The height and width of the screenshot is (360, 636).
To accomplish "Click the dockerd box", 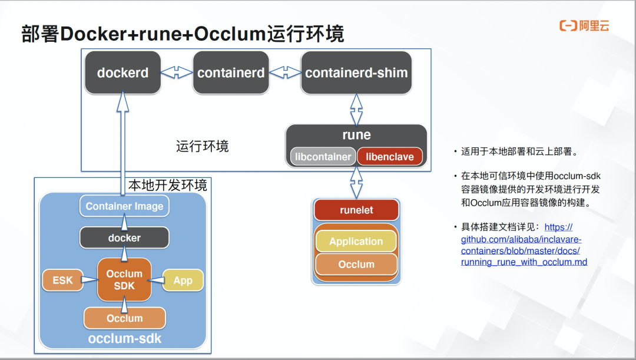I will click(122, 73).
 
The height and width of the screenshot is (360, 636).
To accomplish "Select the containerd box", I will click(231, 73).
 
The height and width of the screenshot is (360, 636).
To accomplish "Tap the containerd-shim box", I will click(356, 73).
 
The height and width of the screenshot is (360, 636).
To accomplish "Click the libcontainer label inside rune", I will click(323, 157).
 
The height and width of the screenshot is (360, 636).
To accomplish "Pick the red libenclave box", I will click(390, 157).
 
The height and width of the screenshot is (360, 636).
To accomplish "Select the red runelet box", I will click(356, 210).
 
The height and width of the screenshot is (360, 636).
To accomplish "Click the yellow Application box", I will click(356, 242).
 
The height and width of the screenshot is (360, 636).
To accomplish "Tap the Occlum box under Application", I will click(356, 265).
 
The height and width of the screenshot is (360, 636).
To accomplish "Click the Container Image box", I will click(124, 206).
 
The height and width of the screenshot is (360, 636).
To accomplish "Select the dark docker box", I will click(124, 238).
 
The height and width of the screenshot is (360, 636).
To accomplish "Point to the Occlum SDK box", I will click(124, 280).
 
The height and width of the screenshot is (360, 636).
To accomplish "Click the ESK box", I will click(62, 280).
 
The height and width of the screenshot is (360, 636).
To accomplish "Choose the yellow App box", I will click(183, 280).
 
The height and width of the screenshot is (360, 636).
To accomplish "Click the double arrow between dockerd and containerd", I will click(177, 72).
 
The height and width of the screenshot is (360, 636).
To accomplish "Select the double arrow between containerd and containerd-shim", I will click(285, 72).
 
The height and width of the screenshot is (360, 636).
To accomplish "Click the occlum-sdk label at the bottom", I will click(124, 339).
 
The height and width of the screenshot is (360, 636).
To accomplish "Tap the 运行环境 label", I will click(203, 146).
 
